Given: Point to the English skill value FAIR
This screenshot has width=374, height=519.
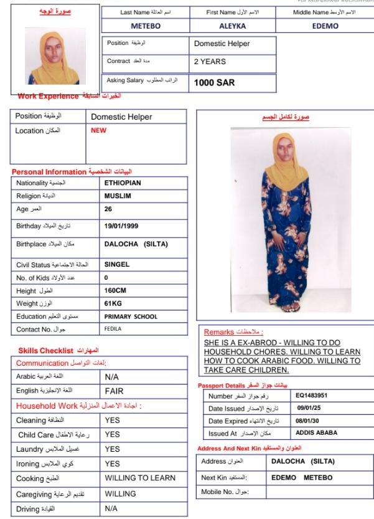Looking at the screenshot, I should pyautogui.click(x=116, y=391).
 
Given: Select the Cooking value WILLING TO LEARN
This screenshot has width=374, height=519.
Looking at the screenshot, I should pyautogui.click(x=140, y=479).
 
